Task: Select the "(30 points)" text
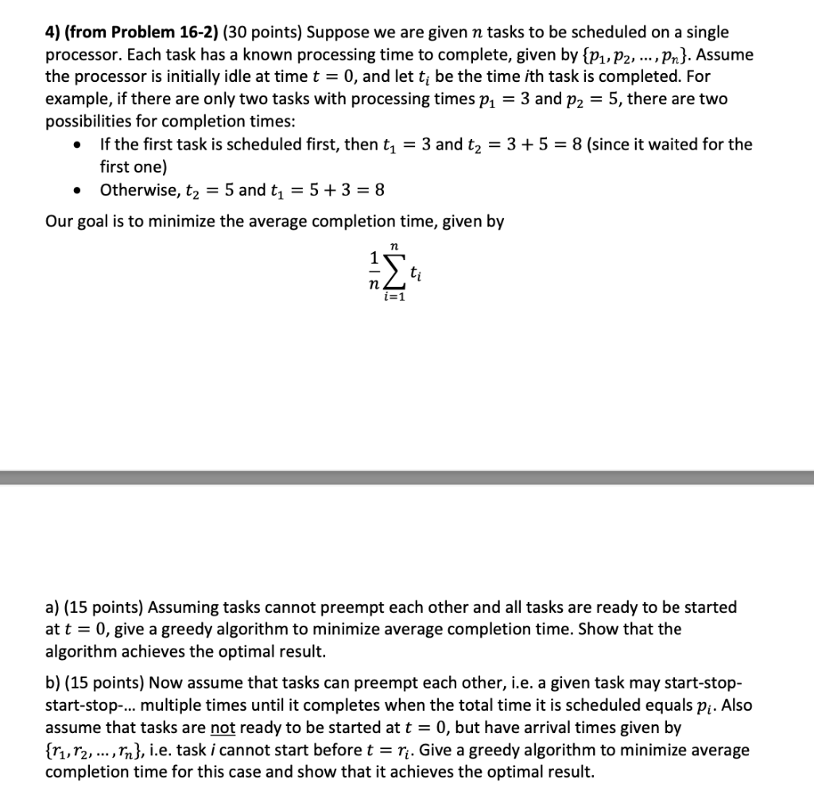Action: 262,33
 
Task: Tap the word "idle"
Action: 243,77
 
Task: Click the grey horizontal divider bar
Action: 407,477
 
